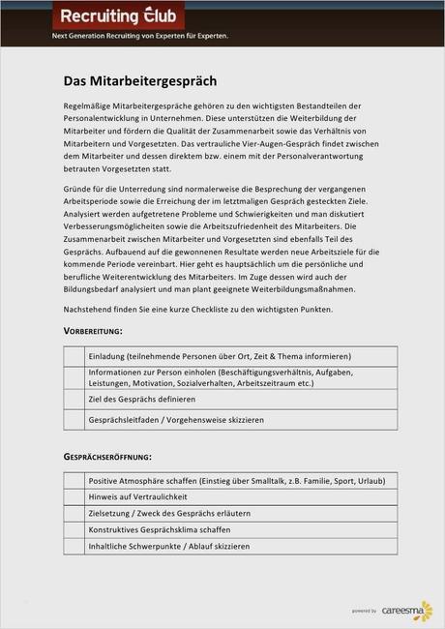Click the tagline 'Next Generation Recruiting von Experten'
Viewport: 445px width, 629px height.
pos(139,36)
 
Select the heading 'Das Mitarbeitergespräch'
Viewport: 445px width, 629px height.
pos(140,80)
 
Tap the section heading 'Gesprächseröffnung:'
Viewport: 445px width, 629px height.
pos(107,456)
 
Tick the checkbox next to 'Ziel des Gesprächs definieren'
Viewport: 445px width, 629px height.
pos(74,399)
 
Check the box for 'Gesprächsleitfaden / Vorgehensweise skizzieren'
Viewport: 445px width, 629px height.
pos(74,421)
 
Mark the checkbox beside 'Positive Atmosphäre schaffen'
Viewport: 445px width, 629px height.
pos(74,480)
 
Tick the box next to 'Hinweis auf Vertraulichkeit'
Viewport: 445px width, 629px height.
pos(74,496)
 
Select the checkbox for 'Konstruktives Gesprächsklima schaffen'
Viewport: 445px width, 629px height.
pos(74,529)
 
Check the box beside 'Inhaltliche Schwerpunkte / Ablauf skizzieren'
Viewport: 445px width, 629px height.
pos(74,546)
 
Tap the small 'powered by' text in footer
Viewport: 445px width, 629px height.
pos(365,612)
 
